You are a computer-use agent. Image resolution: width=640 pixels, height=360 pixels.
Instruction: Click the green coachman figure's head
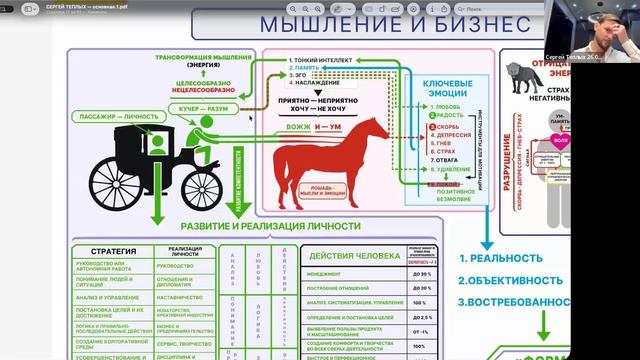pos(207,121)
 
